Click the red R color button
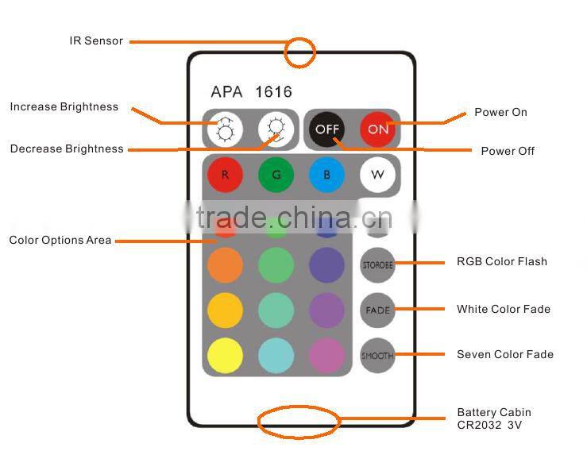pyautogui.click(x=225, y=175)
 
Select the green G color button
pyautogui.click(x=276, y=175)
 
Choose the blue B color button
pyautogui.click(x=326, y=175)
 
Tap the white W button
pyautogui.click(x=377, y=175)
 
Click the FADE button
pyautogui.click(x=377, y=310)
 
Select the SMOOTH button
pyautogui.click(x=377, y=355)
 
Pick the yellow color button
pyautogui.click(x=225, y=355)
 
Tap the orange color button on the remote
pyautogui.click(x=225, y=265)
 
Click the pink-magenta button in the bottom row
pyautogui.click(x=326, y=355)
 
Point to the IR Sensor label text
pyautogui.click(x=96, y=40)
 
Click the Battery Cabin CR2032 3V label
pyautogui.click(x=493, y=418)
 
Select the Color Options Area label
pyautogui.click(x=60, y=240)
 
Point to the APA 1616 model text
pyautogui.click(x=251, y=92)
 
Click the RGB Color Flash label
pyautogui.click(x=501, y=261)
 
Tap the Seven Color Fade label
pyautogui.click(x=504, y=354)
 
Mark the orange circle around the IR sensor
pyautogui.click(x=301, y=52)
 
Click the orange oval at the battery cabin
pyautogui.click(x=299, y=422)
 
